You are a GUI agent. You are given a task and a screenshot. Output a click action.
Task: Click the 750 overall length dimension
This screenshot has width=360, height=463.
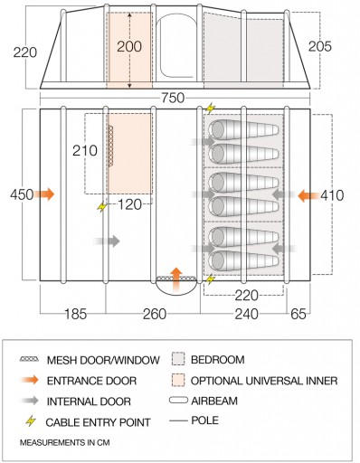(x=173, y=98)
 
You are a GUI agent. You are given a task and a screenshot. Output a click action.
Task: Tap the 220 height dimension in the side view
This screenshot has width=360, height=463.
(x=25, y=52)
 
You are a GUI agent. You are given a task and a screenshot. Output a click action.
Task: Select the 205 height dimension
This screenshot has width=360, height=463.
(x=320, y=46)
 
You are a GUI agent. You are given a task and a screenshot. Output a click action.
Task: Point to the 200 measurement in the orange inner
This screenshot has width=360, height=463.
(x=129, y=47)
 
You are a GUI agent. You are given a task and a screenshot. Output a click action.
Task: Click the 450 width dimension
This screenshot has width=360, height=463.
(x=22, y=194)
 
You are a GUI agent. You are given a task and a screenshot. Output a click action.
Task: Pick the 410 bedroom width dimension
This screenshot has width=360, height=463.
(x=332, y=195)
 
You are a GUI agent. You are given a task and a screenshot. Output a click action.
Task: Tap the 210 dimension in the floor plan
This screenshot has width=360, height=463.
(x=85, y=151)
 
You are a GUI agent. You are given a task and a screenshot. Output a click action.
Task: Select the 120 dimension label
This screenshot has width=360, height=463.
(x=129, y=204)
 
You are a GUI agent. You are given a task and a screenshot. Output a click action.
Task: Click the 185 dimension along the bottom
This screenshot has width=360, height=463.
(x=75, y=314)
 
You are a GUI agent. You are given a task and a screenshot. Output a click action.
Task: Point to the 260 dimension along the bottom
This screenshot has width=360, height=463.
(x=155, y=314)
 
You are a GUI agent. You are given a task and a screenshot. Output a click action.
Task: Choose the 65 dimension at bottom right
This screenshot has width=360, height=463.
(x=298, y=314)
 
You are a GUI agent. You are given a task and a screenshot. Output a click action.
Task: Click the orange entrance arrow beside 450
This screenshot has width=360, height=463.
(x=44, y=194)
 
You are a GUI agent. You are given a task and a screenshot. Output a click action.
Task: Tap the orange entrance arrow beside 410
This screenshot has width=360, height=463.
(x=308, y=195)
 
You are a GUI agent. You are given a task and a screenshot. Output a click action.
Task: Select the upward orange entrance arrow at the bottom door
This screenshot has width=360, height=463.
(x=176, y=279)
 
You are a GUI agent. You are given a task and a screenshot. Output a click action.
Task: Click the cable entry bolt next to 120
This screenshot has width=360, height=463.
(x=102, y=207)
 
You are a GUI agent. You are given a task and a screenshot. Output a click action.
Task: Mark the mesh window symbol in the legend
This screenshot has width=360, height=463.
(x=29, y=359)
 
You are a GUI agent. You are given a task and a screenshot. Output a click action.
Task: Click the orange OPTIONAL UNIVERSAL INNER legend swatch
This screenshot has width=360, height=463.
(x=178, y=381)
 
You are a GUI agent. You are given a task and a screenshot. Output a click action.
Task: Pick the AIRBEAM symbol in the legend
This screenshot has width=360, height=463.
(x=178, y=401)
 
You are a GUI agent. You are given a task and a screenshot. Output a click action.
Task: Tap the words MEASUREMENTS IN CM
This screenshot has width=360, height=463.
(x=65, y=443)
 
